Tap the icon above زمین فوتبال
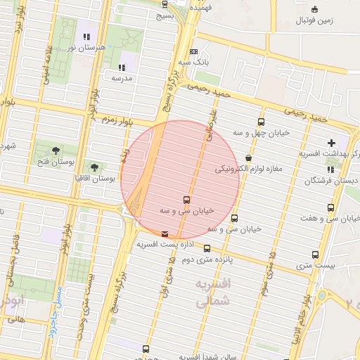tap(314, 9)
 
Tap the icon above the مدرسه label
tap(122, 67)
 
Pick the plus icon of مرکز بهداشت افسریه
tap(331, 143)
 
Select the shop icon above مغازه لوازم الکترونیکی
tap(248, 157)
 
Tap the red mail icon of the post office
tap(165, 233)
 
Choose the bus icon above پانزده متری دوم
tap(207, 248)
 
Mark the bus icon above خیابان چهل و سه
tap(262, 122)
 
